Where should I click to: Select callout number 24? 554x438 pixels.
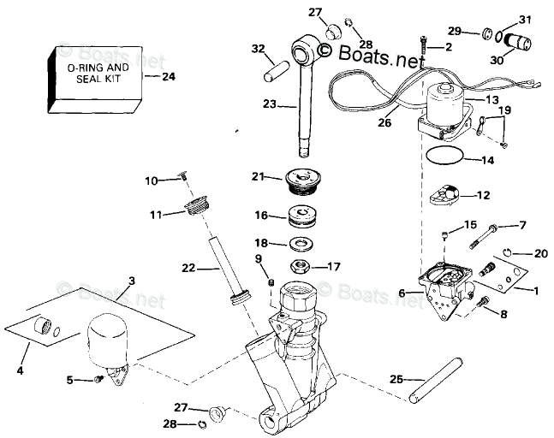[168, 75]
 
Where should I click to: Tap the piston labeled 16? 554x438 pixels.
[301, 215]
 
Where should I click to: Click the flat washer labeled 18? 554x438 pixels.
[301, 244]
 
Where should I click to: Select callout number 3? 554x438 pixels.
[131, 281]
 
